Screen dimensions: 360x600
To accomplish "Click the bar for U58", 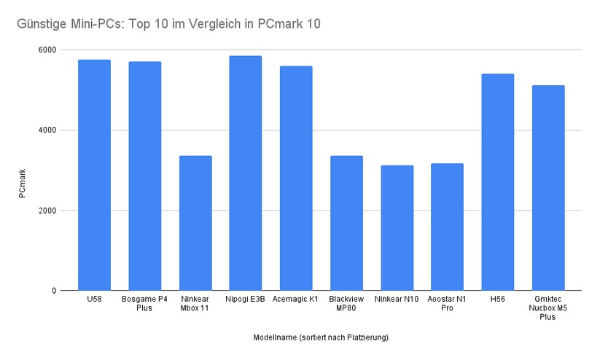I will [x=94, y=175].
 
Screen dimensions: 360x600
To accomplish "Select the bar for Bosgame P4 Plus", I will [x=144, y=176].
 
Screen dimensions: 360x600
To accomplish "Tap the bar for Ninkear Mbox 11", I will [x=195, y=223].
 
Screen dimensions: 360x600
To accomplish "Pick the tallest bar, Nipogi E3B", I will [x=245, y=173].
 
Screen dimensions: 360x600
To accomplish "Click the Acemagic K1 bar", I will [x=295, y=179].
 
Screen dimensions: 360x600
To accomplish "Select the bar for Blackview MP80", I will [x=346, y=223].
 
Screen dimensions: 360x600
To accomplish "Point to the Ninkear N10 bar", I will [x=396, y=228].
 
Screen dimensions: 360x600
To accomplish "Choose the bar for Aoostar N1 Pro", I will [x=446, y=227].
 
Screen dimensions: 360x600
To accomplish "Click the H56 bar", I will [x=497, y=182].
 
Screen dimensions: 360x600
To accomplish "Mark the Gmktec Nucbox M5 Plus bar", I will [x=548, y=188].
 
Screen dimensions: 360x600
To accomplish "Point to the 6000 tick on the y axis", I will [x=47, y=50].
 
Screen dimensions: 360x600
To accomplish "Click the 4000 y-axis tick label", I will [x=47, y=130].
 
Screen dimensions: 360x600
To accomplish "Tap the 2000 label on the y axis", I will [x=47, y=211].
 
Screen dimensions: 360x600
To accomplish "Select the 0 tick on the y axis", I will [x=54, y=291].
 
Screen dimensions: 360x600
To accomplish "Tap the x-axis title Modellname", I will [x=321, y=337].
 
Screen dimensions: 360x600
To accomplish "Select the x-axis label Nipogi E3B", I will [x=245, y=300].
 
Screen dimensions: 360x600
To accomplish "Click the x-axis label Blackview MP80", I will [x=346, y=303].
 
